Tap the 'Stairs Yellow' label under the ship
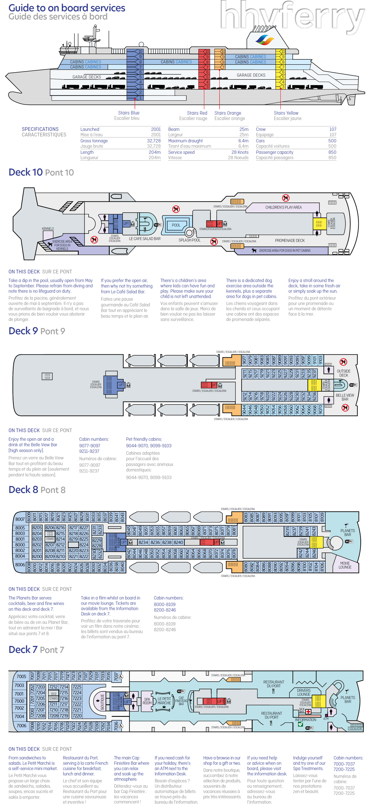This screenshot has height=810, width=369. [x=286, y=113]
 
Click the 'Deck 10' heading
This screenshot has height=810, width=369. [x=26, y=172]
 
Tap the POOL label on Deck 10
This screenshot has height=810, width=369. [x=176, y=225]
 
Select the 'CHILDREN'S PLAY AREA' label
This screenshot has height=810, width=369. [x=283, y=208]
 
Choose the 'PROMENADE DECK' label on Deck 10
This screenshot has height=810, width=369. [x=290, y=241]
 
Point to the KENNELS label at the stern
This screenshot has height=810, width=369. [x=48, y=229]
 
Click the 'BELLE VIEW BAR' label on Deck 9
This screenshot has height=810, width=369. [x=345, y=397]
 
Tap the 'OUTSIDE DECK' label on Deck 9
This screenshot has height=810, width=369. [x=343, y=373]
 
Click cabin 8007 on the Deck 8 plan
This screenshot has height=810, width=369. [x=20, y=519]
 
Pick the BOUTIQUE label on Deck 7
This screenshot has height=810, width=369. [x=102, y=702]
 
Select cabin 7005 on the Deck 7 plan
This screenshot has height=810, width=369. [x=22, y=676]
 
